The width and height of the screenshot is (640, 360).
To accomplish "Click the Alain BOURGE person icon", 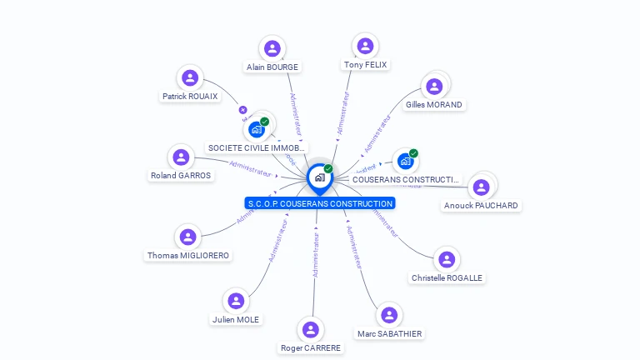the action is pyautogui.click(x=272, y=48).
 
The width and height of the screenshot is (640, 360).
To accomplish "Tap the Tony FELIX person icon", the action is pyautogui.click(x=364, y=46).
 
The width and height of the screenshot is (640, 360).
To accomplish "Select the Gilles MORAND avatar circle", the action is pyautogui.click(x=433, y=86).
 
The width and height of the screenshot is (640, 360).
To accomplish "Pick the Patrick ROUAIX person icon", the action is pyautogui.click(x=190, y=78).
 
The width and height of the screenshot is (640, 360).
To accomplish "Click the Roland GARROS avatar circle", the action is pyautogui.click(x=181, y=157).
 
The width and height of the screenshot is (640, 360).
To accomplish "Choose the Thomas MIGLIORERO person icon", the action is pyautogui.click(x=187, y=237).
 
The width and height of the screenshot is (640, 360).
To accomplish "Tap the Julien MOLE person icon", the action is pyautogui.click(x=236, y=301).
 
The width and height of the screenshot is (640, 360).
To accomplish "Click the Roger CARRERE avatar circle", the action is pyautogui.click(x=310, y=330).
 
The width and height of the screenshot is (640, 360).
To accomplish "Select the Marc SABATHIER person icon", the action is pyautogui.click(x=389, y=315).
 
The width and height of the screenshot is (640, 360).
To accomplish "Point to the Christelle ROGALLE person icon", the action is pyautogui.click(x=447, y=259).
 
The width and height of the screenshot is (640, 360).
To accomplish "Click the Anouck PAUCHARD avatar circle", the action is pyautogui.click(x=481, y=187).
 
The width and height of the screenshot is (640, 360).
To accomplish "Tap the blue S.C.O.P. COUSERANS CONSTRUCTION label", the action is pyautogui.click(x=320, y=203).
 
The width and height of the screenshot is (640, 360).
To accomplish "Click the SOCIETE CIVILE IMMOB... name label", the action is pyautogui.click(x=257, y=147).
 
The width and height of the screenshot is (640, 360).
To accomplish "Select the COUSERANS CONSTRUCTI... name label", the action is pyautogui.click(x=406, y=179).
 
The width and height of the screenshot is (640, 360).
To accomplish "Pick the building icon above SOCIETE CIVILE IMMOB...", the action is pyautogui.click(x=257, y=129).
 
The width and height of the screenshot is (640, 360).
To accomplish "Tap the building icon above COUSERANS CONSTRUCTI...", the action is pyautogui.click(x=406, y=161).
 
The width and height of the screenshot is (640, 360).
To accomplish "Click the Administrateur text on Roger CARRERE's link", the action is pyautogui.click(x=316, y=255).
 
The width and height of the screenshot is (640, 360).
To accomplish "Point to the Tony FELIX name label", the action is pyautogui.click(x=365, y=65).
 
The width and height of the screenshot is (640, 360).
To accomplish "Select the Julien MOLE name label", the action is pyautogui.click(x=236, y=319).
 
